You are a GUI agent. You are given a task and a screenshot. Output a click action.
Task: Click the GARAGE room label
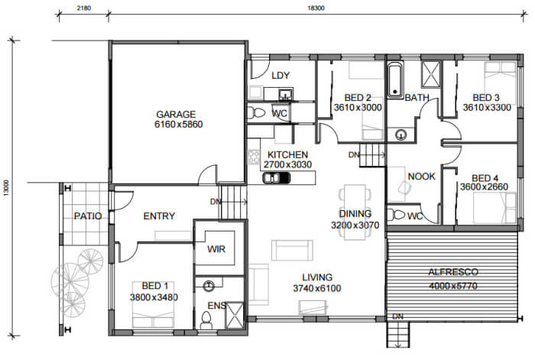coord(176,114)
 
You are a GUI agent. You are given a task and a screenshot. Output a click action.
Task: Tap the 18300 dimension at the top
coord(316,8)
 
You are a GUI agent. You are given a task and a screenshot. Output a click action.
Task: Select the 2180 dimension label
coord(83,8)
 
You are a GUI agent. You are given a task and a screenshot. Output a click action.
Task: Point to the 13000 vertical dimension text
coord(7,188)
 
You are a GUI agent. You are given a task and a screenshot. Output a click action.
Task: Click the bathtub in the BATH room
coord(395,80)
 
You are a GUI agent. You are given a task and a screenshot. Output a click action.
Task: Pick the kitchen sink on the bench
coord(277,178)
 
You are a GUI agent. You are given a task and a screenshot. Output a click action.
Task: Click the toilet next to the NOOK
coord(396,215)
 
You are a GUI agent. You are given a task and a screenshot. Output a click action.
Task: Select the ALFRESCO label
coord(453,272)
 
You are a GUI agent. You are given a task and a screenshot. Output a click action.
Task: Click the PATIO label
coord(88,216)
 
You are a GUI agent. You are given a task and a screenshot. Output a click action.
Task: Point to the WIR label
coord(216,249)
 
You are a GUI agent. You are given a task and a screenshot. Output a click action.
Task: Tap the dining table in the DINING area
coord(355,212)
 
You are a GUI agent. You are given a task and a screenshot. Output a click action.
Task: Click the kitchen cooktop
coord(255,157)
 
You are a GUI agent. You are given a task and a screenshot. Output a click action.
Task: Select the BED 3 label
coord(486,98)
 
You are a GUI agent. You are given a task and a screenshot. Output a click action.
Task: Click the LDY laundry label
coord(280,76)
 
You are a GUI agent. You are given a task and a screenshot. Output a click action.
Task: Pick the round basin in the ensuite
coord(209,286)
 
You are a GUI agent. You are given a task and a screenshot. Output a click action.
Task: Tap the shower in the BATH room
coord(431,74)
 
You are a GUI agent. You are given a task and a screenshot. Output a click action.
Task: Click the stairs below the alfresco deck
coord(397,335)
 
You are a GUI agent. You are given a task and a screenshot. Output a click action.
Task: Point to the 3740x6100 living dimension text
coord(317,288)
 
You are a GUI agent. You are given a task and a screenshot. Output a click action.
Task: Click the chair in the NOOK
coord(404,188)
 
